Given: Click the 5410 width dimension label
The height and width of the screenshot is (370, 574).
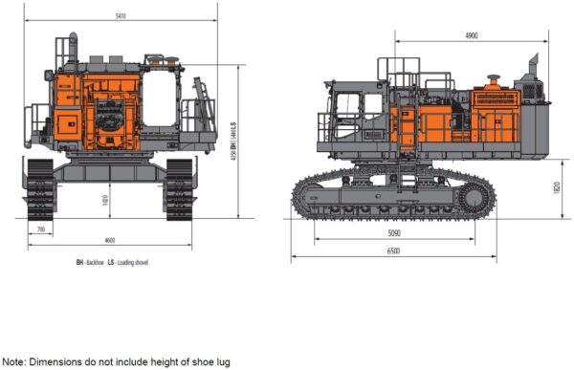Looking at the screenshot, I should click(x=121, y=16).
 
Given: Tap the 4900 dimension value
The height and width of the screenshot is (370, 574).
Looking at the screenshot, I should click(x=471, y=35).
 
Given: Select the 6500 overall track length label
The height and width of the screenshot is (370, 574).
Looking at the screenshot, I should click(x=393, y=251).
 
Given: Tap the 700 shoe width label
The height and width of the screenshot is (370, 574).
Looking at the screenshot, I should click(x=39, y=230).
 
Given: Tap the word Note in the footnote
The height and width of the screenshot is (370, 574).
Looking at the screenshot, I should click(x=13, y=362).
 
